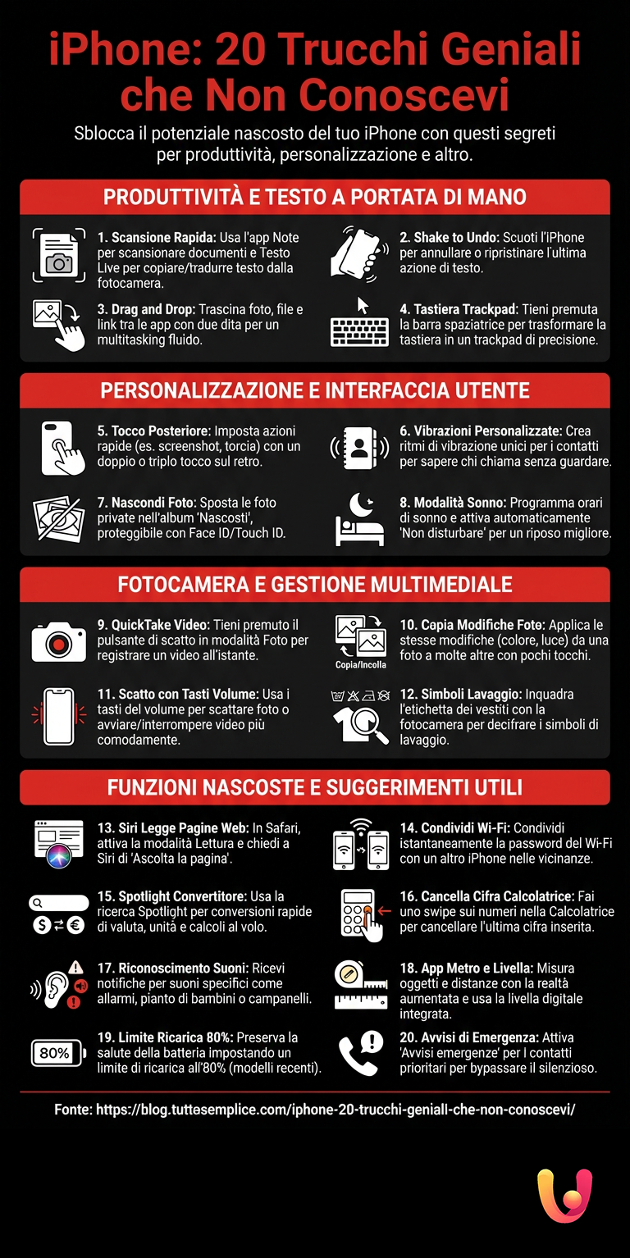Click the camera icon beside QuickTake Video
point(58,641)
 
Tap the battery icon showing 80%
point(57,1053)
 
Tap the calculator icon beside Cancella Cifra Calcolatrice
point(358,914)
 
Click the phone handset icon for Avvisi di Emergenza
point(360,1053)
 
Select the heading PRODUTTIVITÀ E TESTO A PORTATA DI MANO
point(315,198)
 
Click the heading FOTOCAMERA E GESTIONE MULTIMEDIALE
point(315,585)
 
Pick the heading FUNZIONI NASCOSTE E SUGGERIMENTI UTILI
point(315,788)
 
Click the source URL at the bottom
point(315,1110)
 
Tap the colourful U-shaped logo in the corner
point(564,1196)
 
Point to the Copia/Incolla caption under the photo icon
point(361,665)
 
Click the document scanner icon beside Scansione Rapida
point(58,256)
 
